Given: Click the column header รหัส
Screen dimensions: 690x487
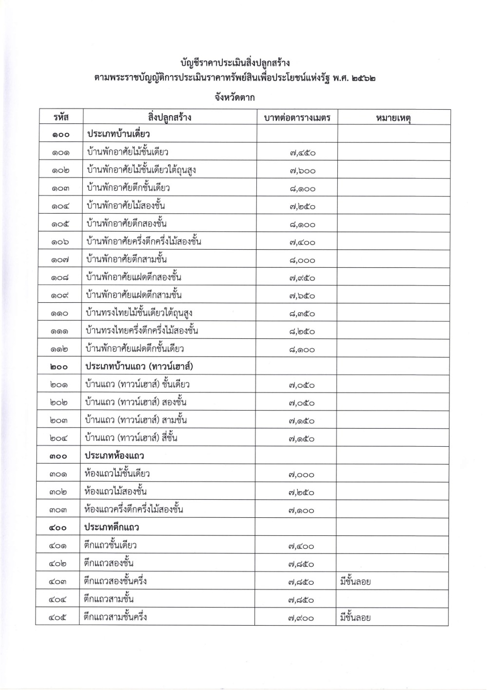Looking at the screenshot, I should (x=61, y=118).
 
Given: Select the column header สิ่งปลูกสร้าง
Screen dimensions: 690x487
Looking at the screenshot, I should (x=170, y=118).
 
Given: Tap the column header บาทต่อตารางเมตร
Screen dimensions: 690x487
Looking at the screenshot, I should (x=297, y=118).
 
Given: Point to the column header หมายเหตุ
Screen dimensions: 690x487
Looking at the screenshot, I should (x=393, y=118).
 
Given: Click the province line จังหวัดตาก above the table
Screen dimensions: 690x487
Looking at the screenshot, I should (x=234, y=97).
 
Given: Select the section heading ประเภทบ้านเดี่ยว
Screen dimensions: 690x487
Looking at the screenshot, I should (x=118, y=134).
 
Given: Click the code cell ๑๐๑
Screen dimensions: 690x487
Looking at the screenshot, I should (x=61, y=153).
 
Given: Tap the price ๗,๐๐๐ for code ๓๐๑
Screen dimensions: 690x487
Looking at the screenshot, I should (x=301, y=474).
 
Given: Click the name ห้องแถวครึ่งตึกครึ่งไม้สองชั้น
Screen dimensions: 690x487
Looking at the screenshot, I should (x=134, y=510).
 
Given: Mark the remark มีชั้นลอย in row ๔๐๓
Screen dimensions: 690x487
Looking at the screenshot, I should (x=355, y=581).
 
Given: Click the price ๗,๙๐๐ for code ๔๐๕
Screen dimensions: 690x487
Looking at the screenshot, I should (x=300, y=618).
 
